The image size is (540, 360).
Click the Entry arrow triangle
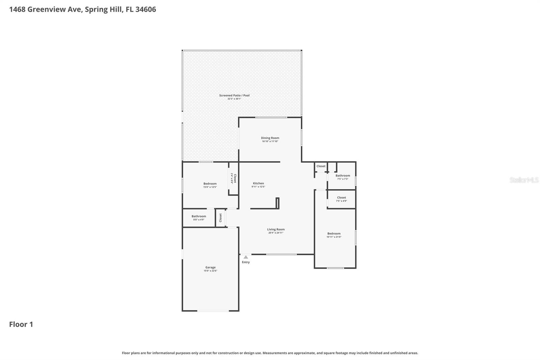coord(246,257)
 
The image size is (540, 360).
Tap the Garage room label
coord(210,267)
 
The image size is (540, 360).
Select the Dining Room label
coord(270,138)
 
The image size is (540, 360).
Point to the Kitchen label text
coord(259,183)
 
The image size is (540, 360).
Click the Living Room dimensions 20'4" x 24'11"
coord(276,233)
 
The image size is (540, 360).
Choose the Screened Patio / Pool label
coord(234,95)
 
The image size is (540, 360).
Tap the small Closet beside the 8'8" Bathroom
coord(220,218)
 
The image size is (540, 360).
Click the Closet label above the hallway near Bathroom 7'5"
coord(321,166)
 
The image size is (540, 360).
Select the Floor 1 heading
coord(21,324)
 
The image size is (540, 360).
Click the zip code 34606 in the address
coord(145,9)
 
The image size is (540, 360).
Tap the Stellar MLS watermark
coord(524,180)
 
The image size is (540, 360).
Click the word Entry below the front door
coord(246,262)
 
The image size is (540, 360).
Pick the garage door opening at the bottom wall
coord(213,311)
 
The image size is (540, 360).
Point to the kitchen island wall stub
coord(277,203)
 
